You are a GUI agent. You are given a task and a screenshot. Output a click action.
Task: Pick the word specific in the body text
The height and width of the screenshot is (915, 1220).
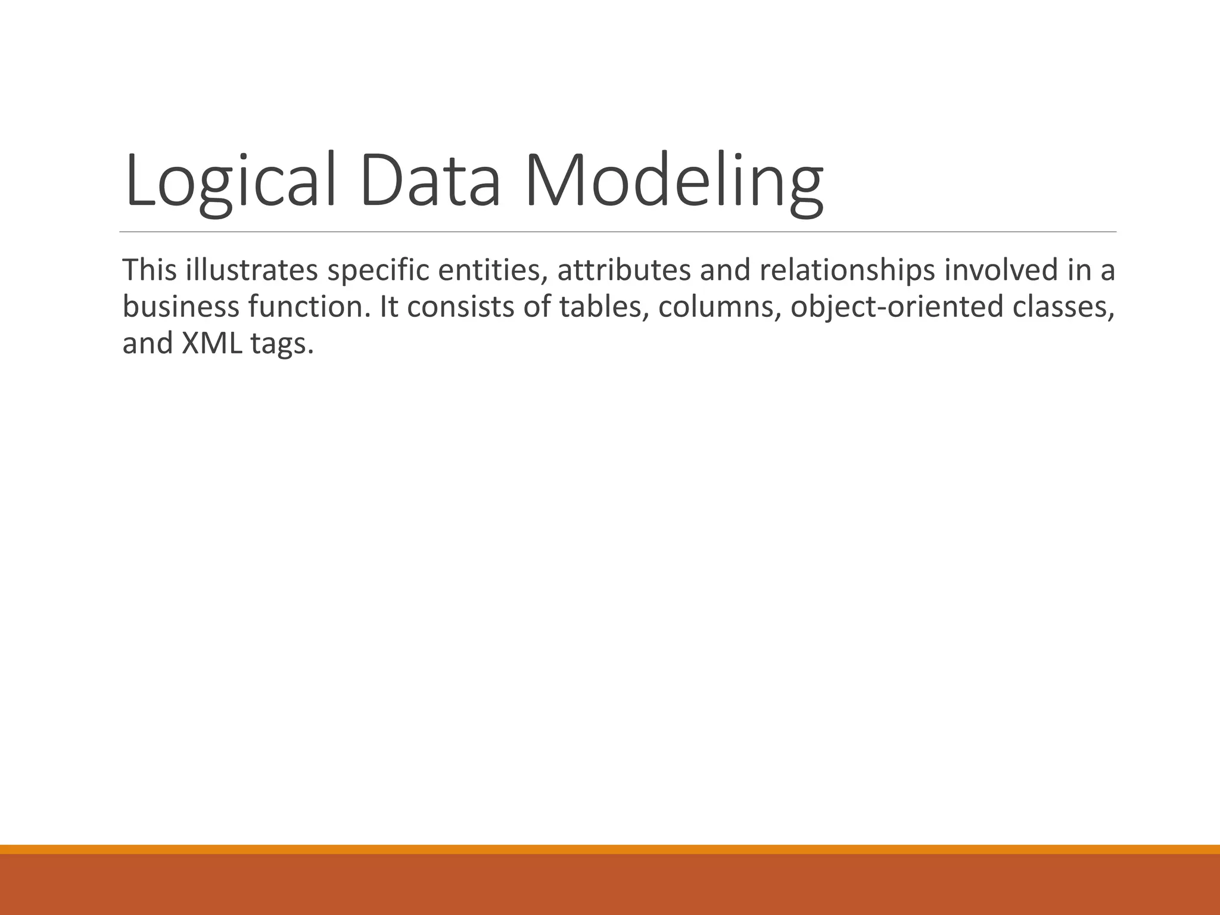(378, 271)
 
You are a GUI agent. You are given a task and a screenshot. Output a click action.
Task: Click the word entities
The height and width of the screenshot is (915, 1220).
(493, 270)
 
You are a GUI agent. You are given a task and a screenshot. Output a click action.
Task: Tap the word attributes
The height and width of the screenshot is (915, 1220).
(623, 270)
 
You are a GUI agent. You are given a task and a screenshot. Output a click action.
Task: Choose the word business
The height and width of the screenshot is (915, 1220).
(180, 307)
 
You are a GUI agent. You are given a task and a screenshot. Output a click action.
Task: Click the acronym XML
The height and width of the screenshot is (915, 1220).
(212, 344)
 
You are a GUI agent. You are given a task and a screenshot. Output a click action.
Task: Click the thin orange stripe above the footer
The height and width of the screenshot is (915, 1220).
(610, 849)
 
